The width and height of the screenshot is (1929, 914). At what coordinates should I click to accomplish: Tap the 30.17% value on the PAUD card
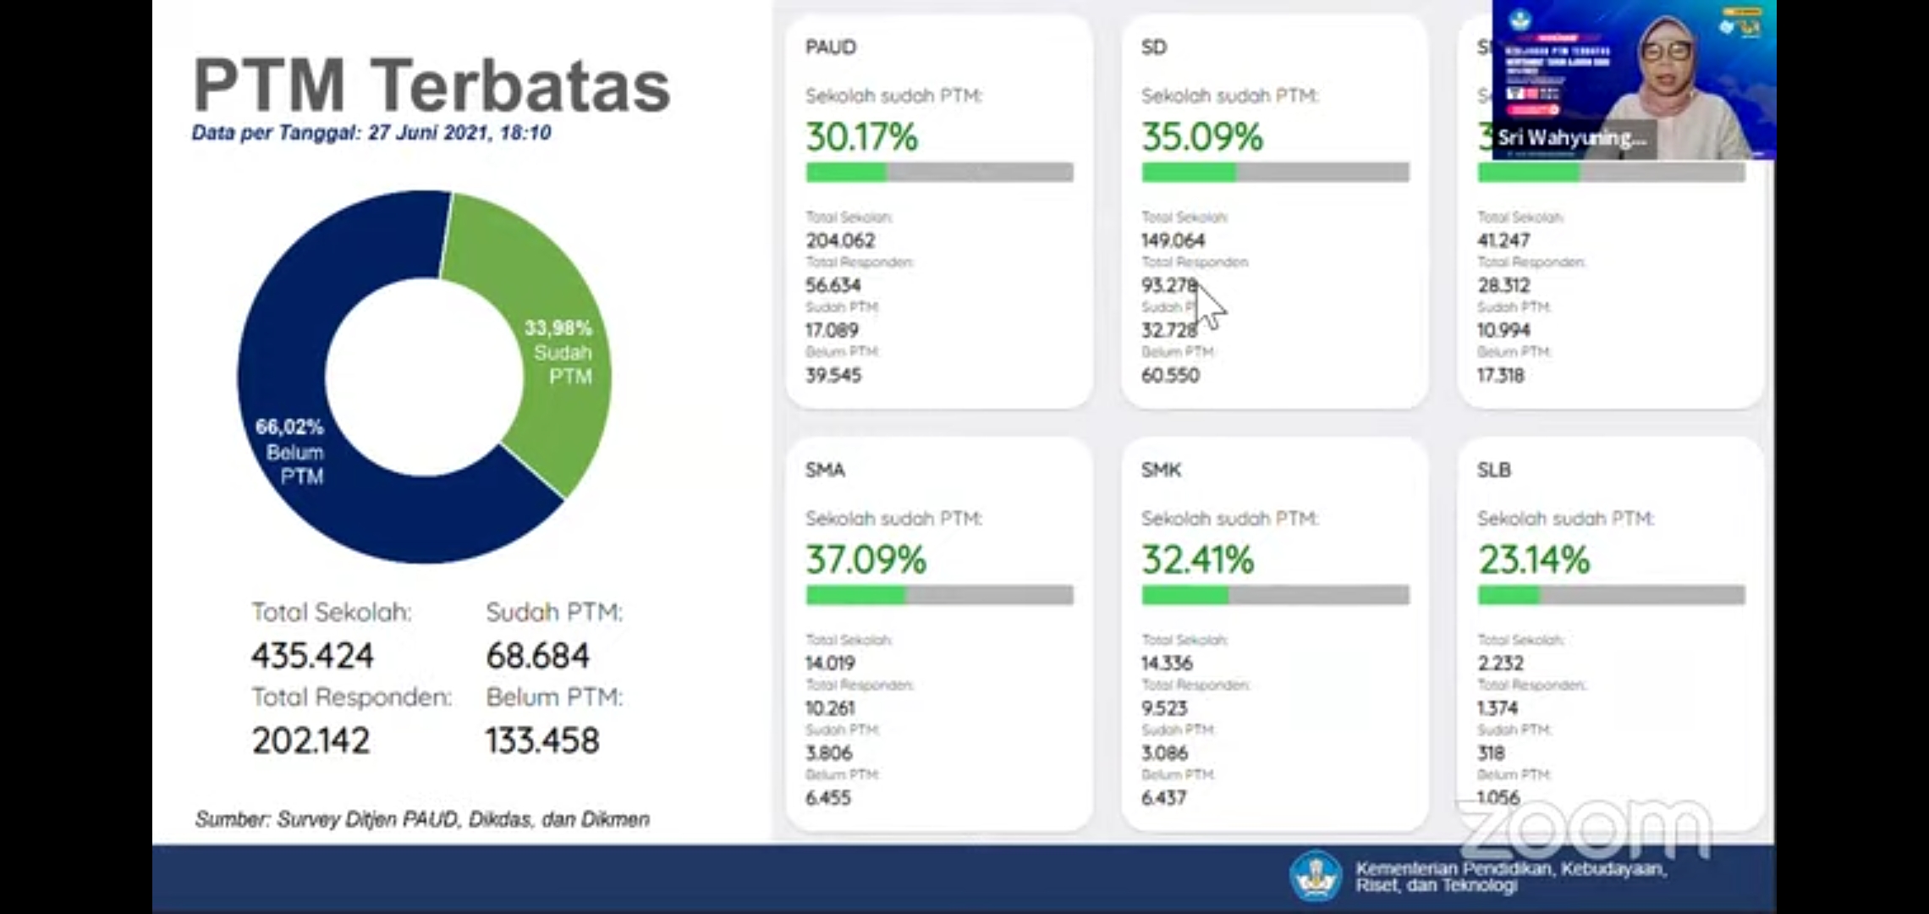861,137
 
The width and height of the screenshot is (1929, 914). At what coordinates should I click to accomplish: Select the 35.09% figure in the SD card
1201,137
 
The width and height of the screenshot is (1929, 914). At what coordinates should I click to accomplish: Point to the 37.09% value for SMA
866,559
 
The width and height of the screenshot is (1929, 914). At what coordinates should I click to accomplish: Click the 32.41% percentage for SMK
1197,559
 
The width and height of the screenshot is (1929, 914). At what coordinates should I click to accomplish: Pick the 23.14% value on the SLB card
1534,559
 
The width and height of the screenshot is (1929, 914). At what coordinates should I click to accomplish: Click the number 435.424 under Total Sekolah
312,656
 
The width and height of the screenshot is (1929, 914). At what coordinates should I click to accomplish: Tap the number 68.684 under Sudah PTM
537,656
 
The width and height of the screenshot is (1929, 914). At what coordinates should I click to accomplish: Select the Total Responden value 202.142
311,741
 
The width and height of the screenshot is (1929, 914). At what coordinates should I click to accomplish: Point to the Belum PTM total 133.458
542,741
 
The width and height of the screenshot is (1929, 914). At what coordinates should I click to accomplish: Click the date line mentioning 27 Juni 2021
371,133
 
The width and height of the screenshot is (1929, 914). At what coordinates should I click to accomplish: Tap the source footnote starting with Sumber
422,819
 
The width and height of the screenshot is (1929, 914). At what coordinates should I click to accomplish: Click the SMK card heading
1161,470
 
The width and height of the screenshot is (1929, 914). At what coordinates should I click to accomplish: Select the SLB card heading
1493,470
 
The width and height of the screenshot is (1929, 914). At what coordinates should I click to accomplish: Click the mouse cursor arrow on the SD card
1210,305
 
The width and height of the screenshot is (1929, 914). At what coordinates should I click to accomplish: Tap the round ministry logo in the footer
1315,875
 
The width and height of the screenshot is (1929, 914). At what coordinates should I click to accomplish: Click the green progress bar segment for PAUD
846,173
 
